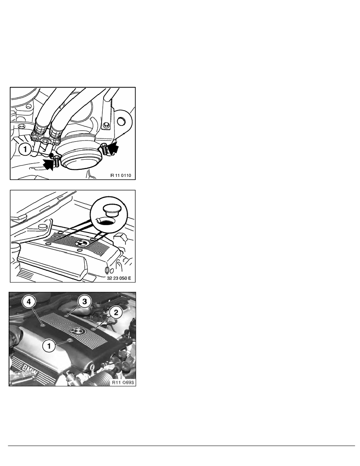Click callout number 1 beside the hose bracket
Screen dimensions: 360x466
tap(25, 149)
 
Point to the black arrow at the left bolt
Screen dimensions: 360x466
tap(49, 164)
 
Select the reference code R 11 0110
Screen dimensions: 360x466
tap(121, 175)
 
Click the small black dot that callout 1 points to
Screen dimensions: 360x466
tap(52, 155)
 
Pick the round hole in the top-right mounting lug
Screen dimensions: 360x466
tap(121, 121)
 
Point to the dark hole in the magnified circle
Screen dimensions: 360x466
tap(107, 222)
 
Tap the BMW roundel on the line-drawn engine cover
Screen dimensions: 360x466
tap(82, 242)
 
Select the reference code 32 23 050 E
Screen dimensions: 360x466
tap(119, 279)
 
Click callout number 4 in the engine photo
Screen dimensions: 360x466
tap(29, 302)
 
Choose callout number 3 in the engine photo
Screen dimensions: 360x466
tap(85, 302)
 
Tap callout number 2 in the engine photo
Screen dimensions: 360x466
tap(116, 312)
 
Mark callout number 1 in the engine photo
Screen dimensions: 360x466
tap(49, 346)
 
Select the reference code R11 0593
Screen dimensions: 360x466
tap(123, 382)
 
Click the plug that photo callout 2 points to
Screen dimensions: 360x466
tap(94, 329)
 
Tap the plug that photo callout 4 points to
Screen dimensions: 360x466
tap(44, 325)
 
